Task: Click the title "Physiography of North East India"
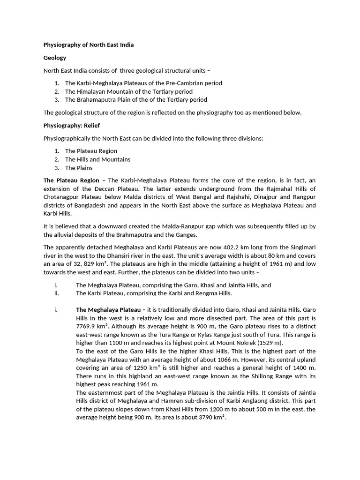pos(89,45)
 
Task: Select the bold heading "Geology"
pos(55,58)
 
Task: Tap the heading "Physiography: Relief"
pos(71,126)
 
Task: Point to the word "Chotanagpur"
pos(60,197)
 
